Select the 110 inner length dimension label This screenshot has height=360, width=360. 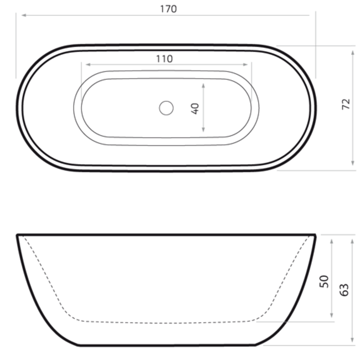(164, 58)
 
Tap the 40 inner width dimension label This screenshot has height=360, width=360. (195, 108)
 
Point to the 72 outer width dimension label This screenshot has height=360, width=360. (346, 105)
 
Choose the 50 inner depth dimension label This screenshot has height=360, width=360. (325, 281)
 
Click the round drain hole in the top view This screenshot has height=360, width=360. (166, 108)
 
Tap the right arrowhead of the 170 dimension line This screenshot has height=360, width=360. (313, 16)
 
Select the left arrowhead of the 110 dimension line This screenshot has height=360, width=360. (84, 64)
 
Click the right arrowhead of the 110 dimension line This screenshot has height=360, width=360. (249, 64)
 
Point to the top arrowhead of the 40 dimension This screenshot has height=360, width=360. (204, 85)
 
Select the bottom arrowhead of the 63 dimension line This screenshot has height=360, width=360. (352, 342)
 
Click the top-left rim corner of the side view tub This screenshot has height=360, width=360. (18, 235)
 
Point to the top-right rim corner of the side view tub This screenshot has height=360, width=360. (315, 235)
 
